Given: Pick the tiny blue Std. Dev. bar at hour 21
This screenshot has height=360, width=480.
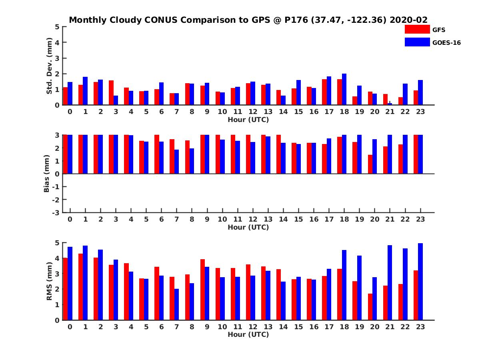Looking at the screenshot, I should pos(390,104).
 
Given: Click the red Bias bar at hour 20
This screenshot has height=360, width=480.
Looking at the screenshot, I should pos(370,164).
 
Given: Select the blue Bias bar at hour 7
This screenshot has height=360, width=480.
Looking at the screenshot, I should pos(176,162).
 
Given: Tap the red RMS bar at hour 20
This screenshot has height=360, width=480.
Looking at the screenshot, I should pos(370,307).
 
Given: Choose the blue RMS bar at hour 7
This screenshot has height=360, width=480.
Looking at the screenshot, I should pos(176,304).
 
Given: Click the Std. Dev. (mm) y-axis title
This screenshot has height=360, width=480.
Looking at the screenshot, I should pos(50,66).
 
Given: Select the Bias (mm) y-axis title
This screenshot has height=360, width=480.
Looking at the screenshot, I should pos(46,174).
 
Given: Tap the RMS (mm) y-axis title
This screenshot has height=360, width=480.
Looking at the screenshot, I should pos(50,281).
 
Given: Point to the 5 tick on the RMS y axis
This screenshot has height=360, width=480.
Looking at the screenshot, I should pos(57,243).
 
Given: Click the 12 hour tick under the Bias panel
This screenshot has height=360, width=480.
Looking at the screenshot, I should pos(253,220).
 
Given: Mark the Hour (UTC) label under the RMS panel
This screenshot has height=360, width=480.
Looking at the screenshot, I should pos(248,334).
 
